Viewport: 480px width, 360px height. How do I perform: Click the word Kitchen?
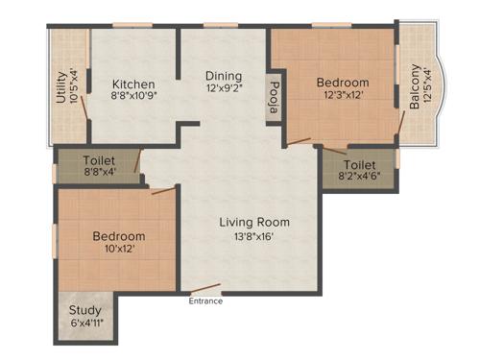point(133,83)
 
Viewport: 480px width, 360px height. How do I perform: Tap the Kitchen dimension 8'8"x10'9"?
point(133,96)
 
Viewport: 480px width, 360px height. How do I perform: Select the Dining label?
point(222,76)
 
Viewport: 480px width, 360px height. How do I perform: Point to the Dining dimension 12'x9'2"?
point(222,89)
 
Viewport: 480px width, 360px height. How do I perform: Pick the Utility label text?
point(60,86)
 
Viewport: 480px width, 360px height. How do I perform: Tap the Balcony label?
point(415,85)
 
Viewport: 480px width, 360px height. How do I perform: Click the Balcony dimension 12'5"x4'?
point(428,85)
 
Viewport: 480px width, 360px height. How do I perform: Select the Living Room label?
point(252,222)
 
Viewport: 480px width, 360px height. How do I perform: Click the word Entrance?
point(204,301)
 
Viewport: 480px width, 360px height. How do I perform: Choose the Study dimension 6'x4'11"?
point(85,324)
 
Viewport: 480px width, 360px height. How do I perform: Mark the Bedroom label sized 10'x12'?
point(119,236)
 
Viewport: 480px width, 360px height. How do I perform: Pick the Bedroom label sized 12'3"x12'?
point(343,83)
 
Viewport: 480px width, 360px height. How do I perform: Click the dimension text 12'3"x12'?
point(343,96)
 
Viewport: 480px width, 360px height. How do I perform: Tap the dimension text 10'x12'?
point(119,250)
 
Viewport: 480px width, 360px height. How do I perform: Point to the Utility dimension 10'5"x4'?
point(74,86)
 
